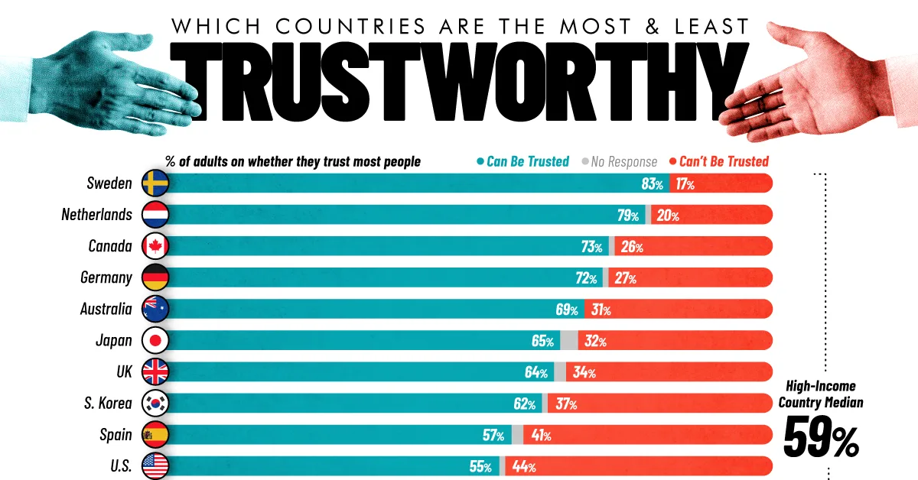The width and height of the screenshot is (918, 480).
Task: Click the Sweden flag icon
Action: (x=155, y=183)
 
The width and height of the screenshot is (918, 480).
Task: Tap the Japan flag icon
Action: (x=155, y=341)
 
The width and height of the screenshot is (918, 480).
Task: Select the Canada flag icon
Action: (x=155, y=246)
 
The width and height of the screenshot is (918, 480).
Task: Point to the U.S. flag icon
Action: (x=155, y=466)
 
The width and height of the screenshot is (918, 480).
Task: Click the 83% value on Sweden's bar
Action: (x=653, y=184)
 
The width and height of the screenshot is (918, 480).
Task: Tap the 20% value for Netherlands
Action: (x=667, y=216)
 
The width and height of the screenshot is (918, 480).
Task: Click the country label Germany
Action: (x=106, y=278)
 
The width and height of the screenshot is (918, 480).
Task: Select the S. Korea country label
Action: (x=108, y=404)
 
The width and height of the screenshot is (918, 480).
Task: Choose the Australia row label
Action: (x=106, y=310)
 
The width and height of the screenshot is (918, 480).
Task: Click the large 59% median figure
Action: (x=821, y=439)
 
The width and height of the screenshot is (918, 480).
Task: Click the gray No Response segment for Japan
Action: (x=569, y=341)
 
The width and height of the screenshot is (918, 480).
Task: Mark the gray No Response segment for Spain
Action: (x=518, y=435)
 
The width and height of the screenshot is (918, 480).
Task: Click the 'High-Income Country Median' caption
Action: (x=822, y=394)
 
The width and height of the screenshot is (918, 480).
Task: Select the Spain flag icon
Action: (x=155, y=435)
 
